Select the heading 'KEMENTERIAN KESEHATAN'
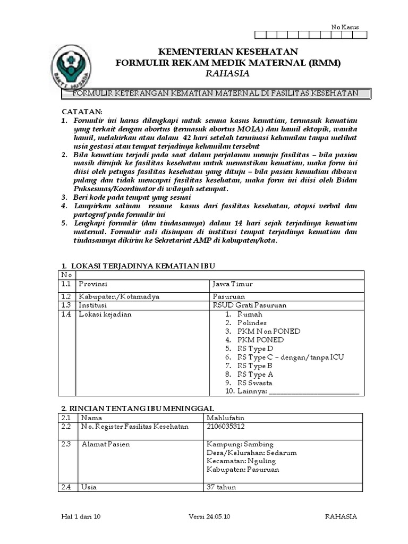228,52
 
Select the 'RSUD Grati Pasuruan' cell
242,305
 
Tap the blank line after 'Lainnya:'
313,392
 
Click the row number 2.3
66,444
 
